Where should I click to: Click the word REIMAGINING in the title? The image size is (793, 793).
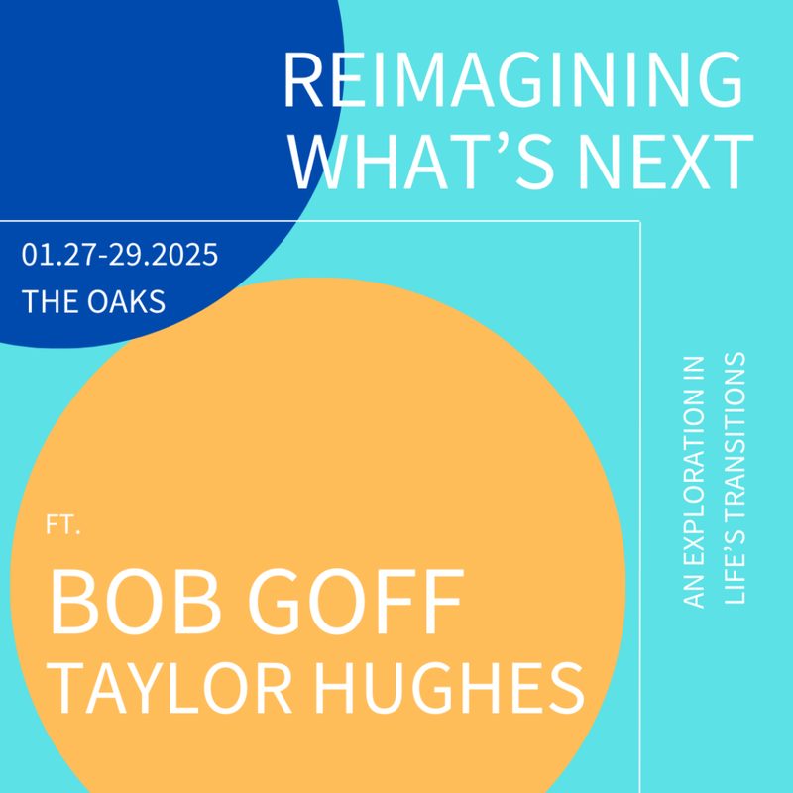(513, 80)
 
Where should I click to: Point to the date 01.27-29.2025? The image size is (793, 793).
(119, 255)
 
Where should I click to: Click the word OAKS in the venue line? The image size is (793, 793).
(126, 301)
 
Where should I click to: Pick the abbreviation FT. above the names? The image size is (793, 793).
(63, 525)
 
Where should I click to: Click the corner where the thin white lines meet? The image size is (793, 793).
(640, 221)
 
